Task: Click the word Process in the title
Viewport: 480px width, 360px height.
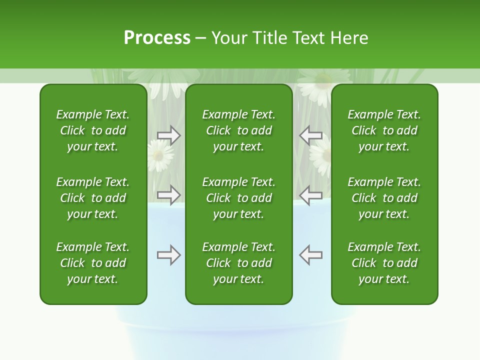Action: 157,38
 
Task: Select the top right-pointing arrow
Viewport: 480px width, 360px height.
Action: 169,135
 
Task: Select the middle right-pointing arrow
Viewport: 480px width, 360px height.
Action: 169,195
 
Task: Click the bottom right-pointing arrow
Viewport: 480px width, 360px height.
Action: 169,255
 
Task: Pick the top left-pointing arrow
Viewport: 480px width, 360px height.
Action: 311,135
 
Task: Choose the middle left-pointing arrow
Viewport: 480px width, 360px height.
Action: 311,195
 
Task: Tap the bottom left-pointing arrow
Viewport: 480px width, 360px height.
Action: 311,255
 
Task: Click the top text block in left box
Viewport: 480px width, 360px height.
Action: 93,130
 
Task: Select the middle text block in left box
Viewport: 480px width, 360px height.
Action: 93,198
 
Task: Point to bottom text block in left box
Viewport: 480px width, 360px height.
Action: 93,263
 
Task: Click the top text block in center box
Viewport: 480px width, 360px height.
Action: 238,130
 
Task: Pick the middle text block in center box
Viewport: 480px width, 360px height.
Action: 238,198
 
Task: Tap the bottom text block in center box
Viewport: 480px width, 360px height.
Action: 238,263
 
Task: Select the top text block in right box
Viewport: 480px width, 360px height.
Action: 384,130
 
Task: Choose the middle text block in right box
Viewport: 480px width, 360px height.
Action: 384,198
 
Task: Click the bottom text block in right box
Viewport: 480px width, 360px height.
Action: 384,263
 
